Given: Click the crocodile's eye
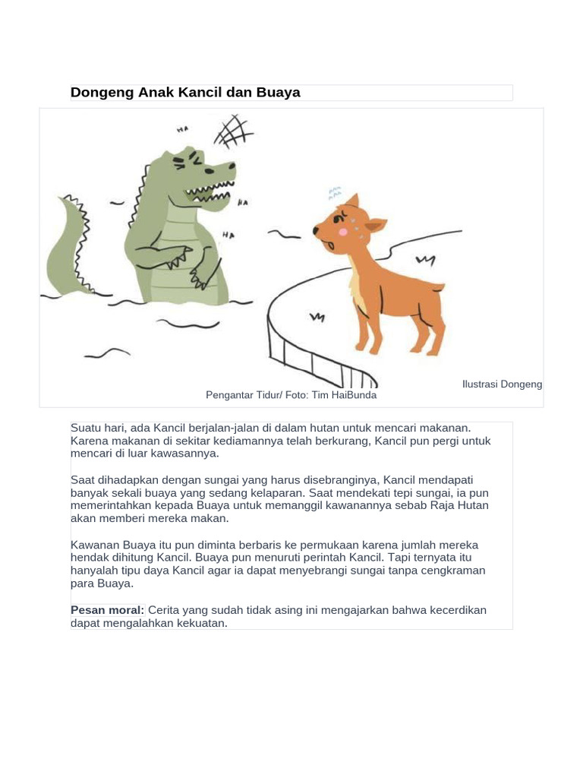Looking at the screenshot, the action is coord(210,171).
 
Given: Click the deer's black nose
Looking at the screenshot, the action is coord(316,230).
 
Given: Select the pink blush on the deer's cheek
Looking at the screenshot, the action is coord(342,232).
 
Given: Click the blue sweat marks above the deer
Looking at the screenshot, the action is coord(335,194).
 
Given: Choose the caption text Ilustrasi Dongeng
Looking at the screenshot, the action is coord(502,384).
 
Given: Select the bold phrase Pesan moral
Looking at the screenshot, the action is coord(107,610).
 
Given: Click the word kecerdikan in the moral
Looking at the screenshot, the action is coord(458,610).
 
